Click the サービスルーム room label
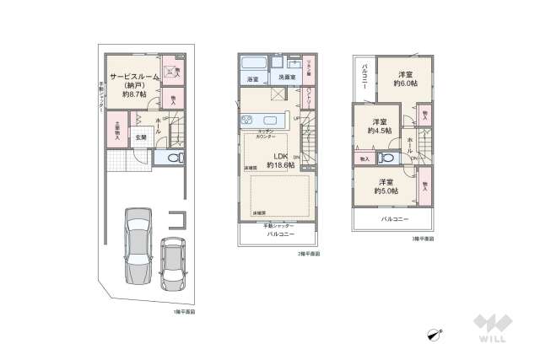point(132,77)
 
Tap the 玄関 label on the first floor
point(139,137)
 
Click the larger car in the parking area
point(136,244)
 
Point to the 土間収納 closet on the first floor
point(116,132)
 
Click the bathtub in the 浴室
point(254,64)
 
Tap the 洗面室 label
point(280,78)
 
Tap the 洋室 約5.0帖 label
point(386,185)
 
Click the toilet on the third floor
point(387,157)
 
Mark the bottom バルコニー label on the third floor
point(394,219)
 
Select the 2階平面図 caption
point(308,253)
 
